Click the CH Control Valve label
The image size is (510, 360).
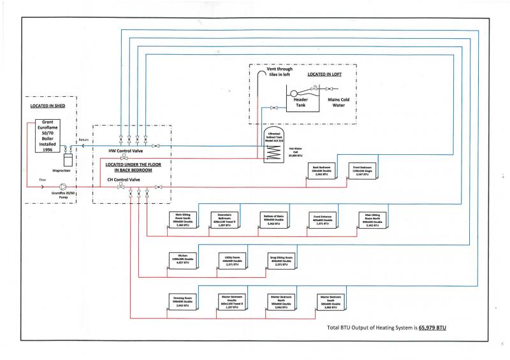125,180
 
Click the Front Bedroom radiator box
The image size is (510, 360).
361,170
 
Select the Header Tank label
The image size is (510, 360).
300,101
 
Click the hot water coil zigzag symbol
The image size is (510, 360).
273,150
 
